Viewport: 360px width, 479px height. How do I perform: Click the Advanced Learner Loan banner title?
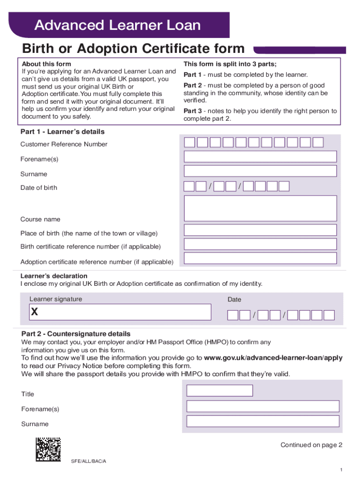click(x=117, y=25)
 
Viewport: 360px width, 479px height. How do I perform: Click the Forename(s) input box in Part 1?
click(x=260, y=157)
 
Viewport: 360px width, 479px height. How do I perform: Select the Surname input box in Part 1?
click(x=260, y=171)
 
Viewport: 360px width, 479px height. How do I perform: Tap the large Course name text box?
click(x=260, y=208)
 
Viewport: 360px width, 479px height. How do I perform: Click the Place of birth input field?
click(x=260, y=230)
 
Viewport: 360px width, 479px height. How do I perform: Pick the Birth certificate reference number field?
click(x=260, y=244)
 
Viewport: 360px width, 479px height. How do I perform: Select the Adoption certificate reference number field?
click(x=260, y=258)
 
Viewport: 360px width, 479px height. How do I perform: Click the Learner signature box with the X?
click(x=120, y=312)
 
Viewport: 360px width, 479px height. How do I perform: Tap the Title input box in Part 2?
click(x=220, y=391)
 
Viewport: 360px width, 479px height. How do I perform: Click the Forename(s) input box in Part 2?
click(x=262, y=406)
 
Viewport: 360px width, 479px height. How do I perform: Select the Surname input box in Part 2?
click(x=262, y=421)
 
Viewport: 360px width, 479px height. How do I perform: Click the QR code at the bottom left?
click(x=48, y=450)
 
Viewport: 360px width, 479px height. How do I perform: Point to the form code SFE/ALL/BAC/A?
click(x=89, y=461)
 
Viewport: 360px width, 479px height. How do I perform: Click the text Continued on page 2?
click(x=311, y=445)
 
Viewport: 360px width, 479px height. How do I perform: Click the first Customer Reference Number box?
click(x=189, y=142)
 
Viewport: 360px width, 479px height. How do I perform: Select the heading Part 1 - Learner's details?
click(x=63, y=132)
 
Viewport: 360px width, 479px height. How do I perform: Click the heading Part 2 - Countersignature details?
click(x=76, y=334)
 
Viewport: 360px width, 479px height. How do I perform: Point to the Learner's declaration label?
click(x=54, y=276)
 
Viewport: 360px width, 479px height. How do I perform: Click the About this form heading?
click(x=46, y=64)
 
